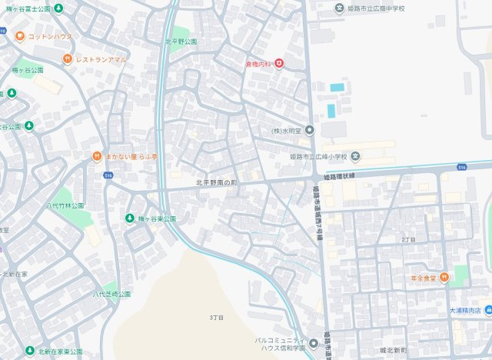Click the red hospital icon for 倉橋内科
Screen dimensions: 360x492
coord(279,63)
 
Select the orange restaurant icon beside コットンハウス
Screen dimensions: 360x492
coord(19,36)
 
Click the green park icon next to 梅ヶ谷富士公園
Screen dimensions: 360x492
coord(59,8)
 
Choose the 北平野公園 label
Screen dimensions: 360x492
coord(181,42)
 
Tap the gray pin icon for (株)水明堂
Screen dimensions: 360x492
coord(309,130)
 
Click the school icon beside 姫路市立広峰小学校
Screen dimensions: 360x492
coord(356,157)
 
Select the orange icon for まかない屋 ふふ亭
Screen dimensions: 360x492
coord(97,156)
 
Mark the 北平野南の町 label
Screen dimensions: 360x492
coord(218,182)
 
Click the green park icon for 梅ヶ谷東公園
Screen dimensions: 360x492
coord(130,218)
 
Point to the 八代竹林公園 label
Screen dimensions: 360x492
coord(65,206)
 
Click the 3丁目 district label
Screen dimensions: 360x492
coord(216,317)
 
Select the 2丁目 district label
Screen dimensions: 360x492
coord(408,239)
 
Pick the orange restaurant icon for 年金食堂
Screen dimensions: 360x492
coord(444,278)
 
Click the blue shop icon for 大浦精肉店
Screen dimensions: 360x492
coord(488,311)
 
